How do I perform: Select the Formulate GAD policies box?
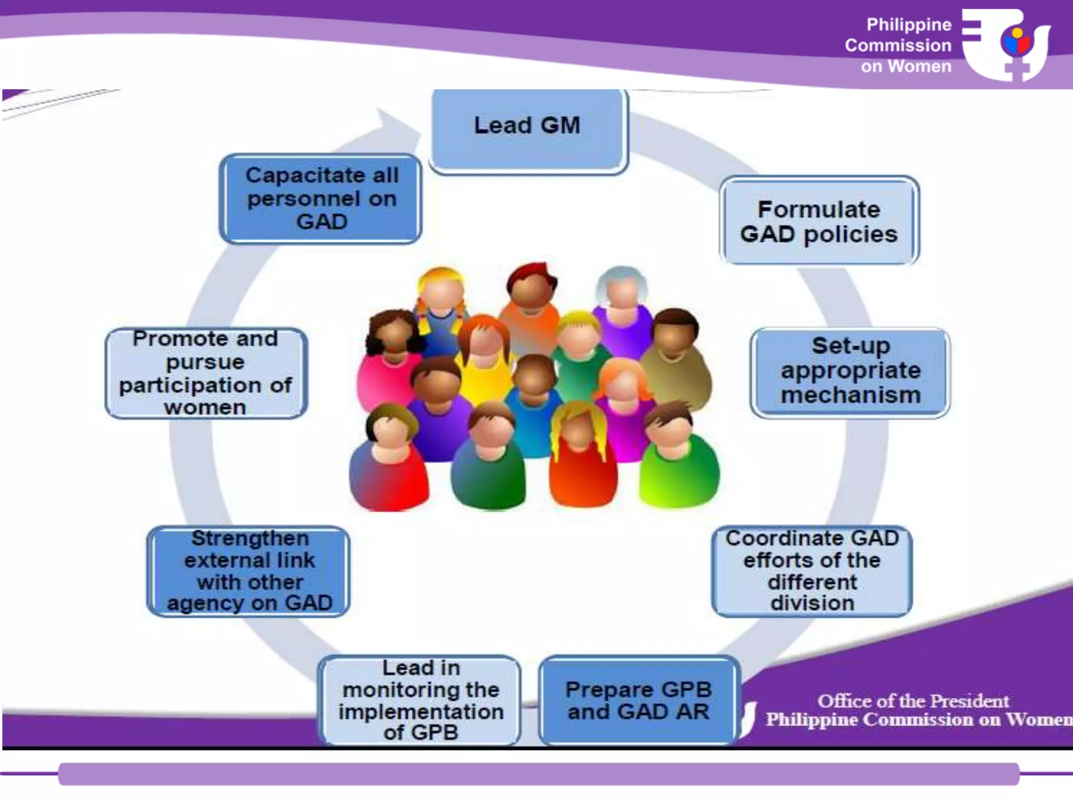pos(819,221)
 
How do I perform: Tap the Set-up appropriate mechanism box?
pos(850,372)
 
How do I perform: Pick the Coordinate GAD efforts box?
pos(812,571)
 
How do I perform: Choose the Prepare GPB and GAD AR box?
pos(639,700)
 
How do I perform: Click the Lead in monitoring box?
pos(420,700)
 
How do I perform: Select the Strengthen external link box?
pos(249,571)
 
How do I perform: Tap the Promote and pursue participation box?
pos(205,373)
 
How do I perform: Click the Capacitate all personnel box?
pos(321,199)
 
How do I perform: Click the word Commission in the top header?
pos(897,46)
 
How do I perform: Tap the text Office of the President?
pos(913,701)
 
